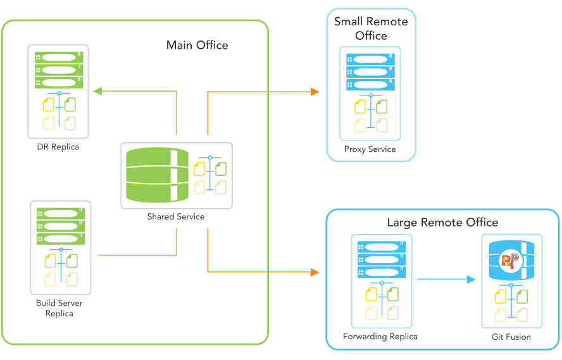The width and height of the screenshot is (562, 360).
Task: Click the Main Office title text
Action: click(x=197, y=45)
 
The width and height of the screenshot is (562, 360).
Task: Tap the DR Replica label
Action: click(x=58, y=147)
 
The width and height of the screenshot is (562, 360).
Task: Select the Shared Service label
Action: click(x=176, y=216)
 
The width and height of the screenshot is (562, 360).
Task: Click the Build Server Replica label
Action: click(x=59, y=308)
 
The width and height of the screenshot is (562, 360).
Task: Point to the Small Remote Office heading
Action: click(x=371, y=28)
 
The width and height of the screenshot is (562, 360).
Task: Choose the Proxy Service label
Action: click(x=370, y=149)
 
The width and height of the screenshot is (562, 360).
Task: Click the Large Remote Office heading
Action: click(x=442, y=222)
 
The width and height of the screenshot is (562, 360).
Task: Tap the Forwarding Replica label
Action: click(x=380, y=337)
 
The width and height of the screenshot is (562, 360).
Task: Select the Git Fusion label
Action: click(x=511, y=337)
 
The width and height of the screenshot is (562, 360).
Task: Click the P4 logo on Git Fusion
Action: click(x=510, y=260)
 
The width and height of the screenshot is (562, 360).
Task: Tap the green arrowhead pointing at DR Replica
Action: click(x=98, y=92)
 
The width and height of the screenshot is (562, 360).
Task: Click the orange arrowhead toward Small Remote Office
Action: click(x=315, y=92)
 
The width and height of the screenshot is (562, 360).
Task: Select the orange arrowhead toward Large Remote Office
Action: click(x=315, y=273)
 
